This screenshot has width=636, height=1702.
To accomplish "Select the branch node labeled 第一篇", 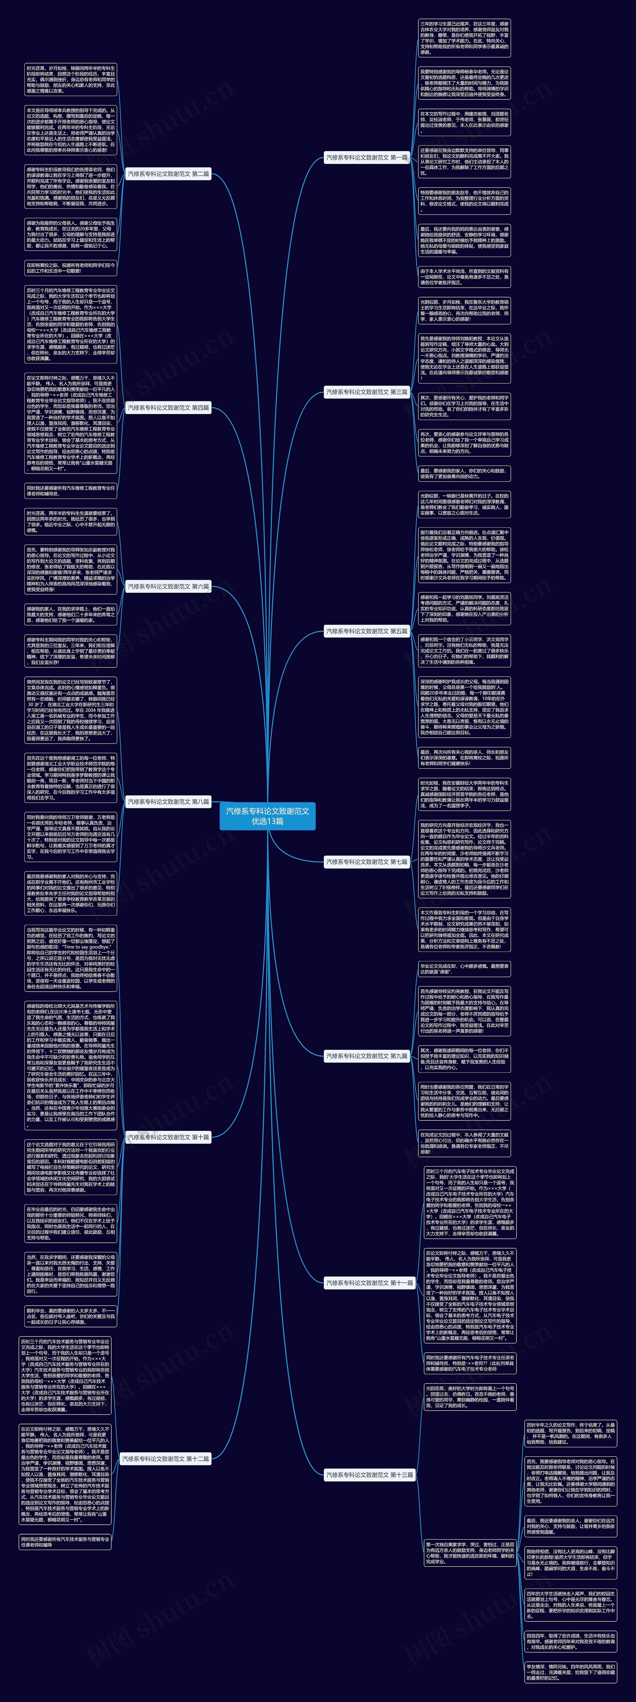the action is (x=366, y=158).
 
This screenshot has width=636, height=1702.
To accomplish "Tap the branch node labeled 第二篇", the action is (x=168, y=174).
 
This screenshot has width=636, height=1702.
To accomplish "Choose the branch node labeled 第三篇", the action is (x=366, y=392).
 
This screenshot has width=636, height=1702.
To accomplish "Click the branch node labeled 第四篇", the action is (x=168, y=408).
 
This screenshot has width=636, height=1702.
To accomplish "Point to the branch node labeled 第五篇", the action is (x=366, y=631).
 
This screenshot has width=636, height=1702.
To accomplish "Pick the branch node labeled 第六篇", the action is (x=168, y=586).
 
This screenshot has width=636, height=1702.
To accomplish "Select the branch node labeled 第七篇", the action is (x=366, y=862).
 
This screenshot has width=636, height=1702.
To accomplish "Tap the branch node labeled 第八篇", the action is (x=168, y=801).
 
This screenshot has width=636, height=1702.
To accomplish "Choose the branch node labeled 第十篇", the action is (x=168, y=1137).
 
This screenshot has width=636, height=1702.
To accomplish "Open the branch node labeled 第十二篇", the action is (x=165, y=1458).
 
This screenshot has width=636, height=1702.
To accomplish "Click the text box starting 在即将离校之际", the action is (x=71, y=268).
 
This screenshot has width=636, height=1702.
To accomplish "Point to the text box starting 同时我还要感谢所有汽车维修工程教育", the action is (x=71, y=490).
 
